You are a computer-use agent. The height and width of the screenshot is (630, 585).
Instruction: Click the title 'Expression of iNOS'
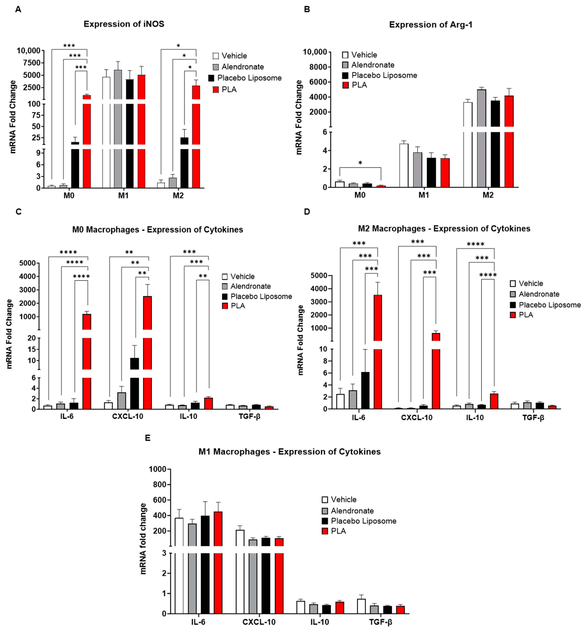124,24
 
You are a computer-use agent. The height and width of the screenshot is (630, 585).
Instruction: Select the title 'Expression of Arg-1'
431,25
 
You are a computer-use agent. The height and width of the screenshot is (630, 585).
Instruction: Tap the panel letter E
148,438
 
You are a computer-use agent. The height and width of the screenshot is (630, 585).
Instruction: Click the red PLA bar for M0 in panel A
87,143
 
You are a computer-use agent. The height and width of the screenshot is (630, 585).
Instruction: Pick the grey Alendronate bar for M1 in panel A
118,130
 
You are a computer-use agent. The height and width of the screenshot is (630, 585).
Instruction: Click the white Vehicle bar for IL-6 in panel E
179,567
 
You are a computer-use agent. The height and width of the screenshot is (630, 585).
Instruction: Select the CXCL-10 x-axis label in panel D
417,418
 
